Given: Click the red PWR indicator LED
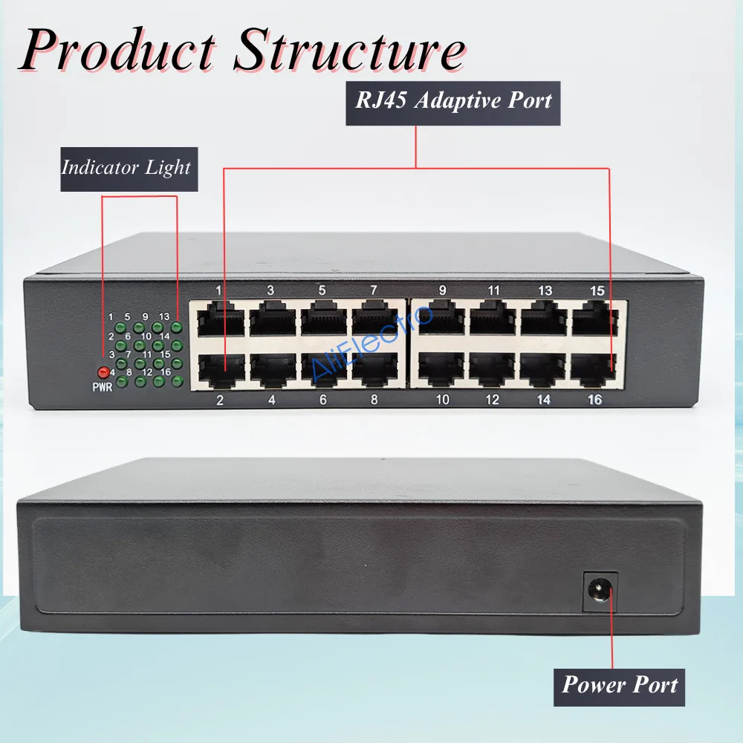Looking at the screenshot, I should click(103, 372).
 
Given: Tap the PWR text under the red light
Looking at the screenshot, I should click(102, 386).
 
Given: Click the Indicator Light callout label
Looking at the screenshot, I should click(126, 167).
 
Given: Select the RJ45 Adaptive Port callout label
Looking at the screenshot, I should click(453, 100).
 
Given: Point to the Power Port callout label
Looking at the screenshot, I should click(620, 684).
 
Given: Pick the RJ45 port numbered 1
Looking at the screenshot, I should click(220, 320).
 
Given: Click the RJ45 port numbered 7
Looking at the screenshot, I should click(375, 320).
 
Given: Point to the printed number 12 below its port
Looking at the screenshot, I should click(492, 400).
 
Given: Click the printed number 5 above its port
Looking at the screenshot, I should click(322, 290).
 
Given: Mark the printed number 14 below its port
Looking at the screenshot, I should click(543, 400).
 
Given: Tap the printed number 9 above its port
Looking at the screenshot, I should click(442, 290).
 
